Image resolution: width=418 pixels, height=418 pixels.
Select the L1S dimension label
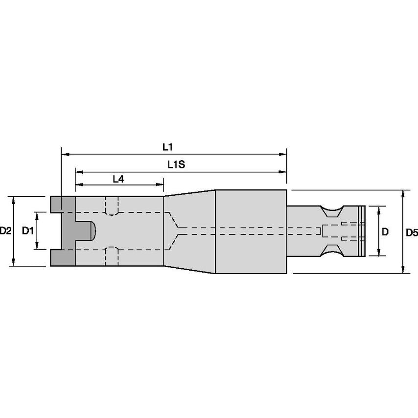click(175, 165)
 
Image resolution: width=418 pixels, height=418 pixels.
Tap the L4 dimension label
click(118, 179)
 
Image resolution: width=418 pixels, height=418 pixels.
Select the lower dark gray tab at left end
click(62, 257)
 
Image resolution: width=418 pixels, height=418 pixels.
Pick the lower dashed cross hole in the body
click(112, 256)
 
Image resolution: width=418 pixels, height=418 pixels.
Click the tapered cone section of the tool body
click(189, 231)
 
